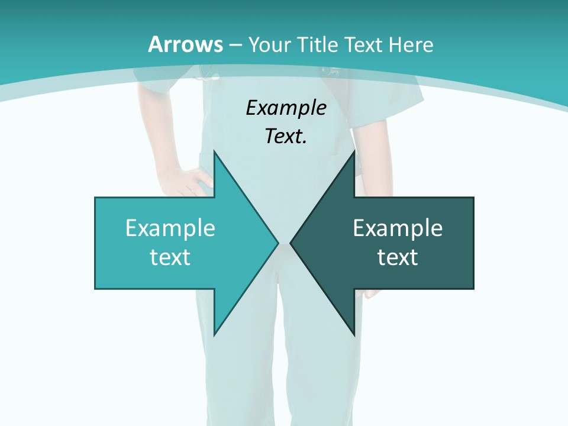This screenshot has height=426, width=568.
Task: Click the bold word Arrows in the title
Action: point(186,44)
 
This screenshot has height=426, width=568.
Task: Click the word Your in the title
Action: point(269,44)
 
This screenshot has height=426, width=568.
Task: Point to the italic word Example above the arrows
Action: point(286,108)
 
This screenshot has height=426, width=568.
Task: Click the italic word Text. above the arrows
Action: point(286,137)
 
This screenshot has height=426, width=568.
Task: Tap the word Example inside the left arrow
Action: point(170,228)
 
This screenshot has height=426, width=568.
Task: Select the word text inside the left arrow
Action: point(170,257)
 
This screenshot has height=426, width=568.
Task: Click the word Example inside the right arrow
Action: point(398,228)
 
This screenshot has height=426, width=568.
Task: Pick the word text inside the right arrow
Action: point(398,257)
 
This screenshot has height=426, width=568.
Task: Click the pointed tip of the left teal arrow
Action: point(277,243)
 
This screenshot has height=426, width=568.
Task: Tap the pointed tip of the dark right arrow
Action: point(291,243)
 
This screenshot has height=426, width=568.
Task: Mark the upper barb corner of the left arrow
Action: point(214,151)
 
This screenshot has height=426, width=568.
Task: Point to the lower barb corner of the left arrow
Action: point(214,334)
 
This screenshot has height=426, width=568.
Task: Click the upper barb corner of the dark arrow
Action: point(354,151)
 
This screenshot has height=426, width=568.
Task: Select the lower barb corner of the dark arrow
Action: point(354,334)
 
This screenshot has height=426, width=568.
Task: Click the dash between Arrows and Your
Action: point(235,45)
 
